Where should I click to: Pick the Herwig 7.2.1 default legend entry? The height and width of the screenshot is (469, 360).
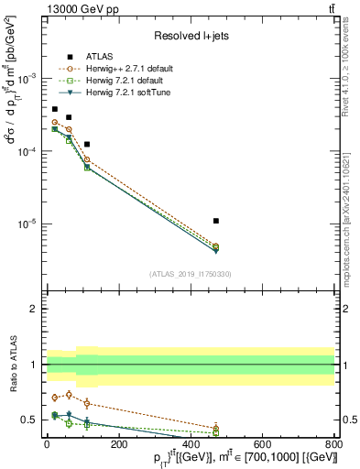122,82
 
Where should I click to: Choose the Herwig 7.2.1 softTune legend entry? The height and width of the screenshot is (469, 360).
124,94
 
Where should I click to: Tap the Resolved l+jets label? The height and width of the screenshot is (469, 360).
190,36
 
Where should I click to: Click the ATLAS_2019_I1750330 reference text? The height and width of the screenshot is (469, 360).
190,274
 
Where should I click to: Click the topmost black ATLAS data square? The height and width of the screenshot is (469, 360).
55,109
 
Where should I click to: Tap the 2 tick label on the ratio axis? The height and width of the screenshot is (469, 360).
35,309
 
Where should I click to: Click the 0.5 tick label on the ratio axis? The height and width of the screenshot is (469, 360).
30,420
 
